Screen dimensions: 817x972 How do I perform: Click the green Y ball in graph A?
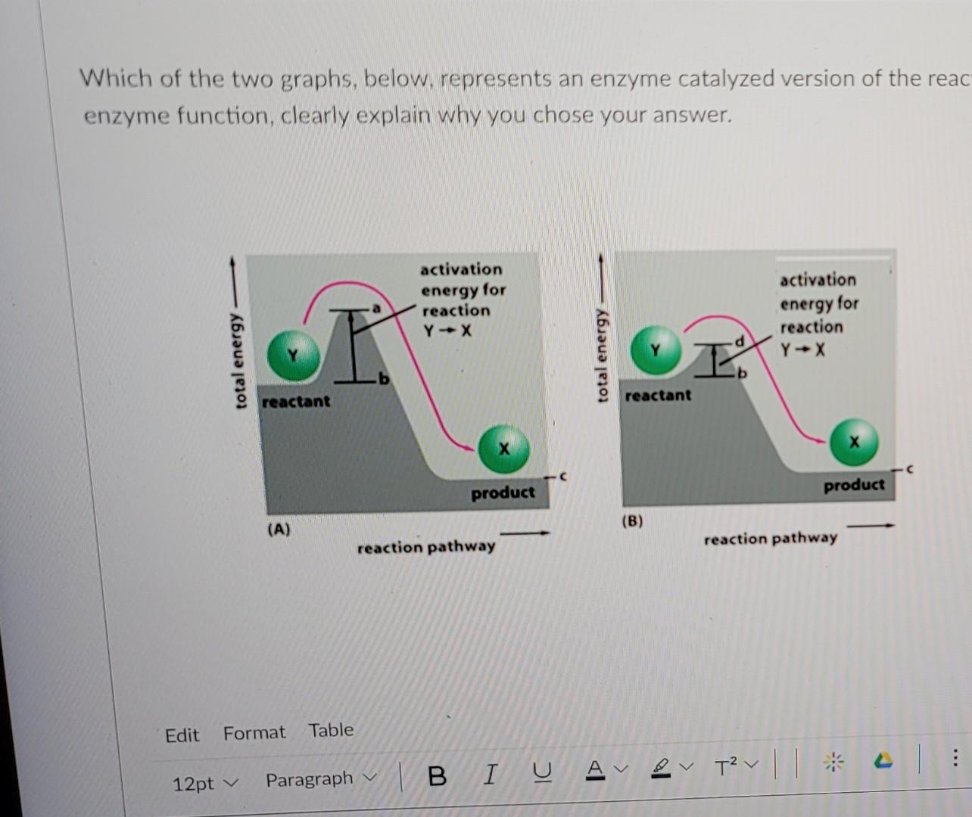(x=292, y=354)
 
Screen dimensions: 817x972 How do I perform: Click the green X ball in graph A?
(x=503, y=449)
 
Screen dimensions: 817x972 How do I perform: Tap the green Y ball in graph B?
(x=656, y=350)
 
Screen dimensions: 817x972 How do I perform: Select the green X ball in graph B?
(x=854, y=442)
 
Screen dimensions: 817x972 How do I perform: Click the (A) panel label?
(x=279, y=530)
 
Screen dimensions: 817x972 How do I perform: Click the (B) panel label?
(x=632, y=520)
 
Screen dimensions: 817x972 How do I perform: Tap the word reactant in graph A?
(x=296, y=401)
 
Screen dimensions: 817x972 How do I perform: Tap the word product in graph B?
(x=854, y=484)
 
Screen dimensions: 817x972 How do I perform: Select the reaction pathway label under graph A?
(x=426, y=546)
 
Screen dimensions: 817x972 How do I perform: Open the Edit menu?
(x=182, y=735)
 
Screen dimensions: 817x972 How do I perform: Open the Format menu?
(x=254, y=732)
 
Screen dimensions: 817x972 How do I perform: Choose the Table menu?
(x=331, y=730)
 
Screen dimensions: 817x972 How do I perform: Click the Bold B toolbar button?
(x=437, y=776)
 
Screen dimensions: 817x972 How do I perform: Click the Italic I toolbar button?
(x=491, y=775)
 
